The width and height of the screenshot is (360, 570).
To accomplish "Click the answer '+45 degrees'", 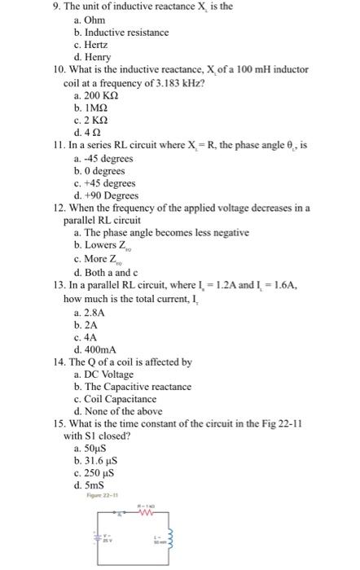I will point(103,184).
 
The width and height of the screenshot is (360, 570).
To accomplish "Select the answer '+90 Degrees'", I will point(106,196).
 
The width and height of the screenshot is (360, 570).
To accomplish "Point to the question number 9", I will point(49,7).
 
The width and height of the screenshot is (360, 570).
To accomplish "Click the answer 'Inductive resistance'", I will point(121,32).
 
